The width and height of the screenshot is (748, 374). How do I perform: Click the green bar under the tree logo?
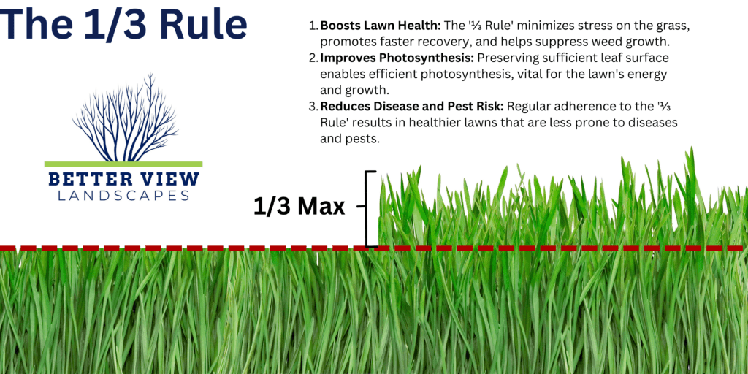pyautogui.click(x=123, y=164)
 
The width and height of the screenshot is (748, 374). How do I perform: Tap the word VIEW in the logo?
pyautogui.click(x=167, y=180)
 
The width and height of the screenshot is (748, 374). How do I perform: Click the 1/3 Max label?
pyautogui.click(x=299, y=207)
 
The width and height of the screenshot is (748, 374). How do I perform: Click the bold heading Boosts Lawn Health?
pyautogui.click(x=379, y=26)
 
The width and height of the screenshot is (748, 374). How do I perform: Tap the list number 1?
pyautogui.click(x=313, y=26)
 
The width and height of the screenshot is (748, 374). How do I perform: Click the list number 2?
pyautogui.click(x=313, y=58)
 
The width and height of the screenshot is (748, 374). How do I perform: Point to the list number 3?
pyautogui.click(x=313, y=106)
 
